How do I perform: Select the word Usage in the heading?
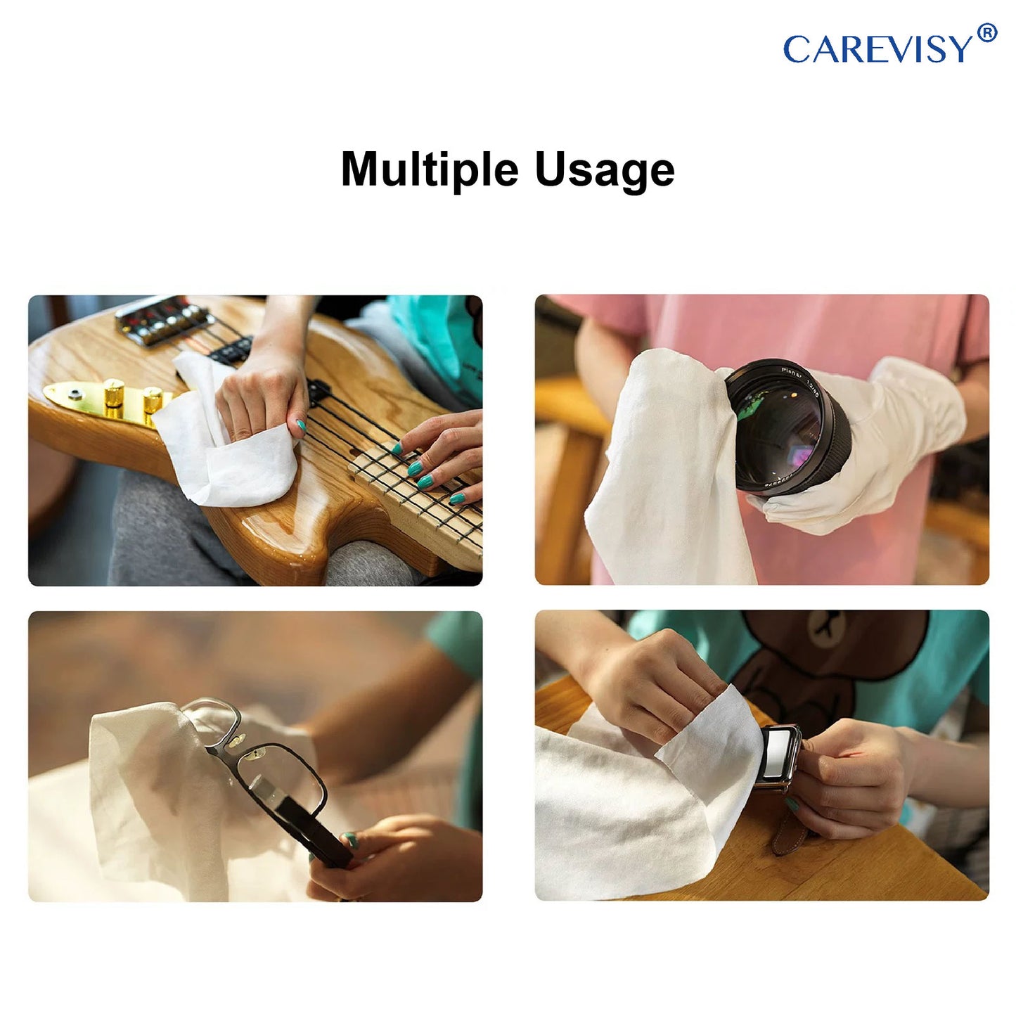coord(605,172)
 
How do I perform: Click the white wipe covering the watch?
coord(654,796)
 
